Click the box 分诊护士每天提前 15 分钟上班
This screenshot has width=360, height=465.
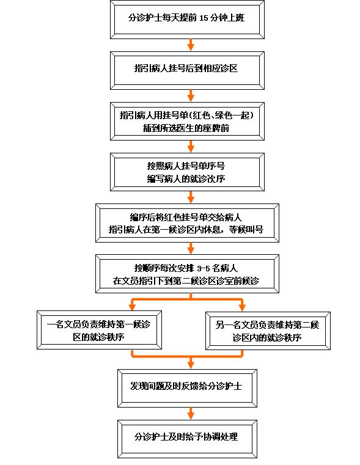(187, 20)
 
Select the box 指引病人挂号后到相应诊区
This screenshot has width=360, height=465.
(187, 71)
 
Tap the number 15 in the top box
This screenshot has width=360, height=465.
(204, 18)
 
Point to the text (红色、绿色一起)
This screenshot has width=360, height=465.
(221, 115)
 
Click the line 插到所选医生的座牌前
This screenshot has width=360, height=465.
(186, 128)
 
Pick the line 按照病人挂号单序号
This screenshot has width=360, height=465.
(186, 166)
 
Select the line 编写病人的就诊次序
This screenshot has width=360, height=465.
(186, 179)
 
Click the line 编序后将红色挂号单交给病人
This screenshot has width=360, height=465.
(186, 218)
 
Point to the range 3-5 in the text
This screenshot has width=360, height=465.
(204, 268)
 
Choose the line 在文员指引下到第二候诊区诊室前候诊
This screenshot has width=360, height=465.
(186, 281)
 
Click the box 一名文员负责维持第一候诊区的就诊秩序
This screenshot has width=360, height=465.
(99, 330)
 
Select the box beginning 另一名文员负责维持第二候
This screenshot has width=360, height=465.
(268, 331)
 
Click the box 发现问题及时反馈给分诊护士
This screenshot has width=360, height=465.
(187, 388)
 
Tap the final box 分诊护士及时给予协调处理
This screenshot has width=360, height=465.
(187, 439)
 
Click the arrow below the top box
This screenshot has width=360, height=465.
(191, 45)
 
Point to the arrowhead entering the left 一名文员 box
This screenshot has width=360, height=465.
(132, 307)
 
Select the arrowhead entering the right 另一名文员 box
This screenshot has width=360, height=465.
(242, 307)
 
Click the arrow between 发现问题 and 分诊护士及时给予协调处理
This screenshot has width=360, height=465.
(191, 414)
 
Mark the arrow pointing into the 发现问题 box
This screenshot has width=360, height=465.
(191, 362)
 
